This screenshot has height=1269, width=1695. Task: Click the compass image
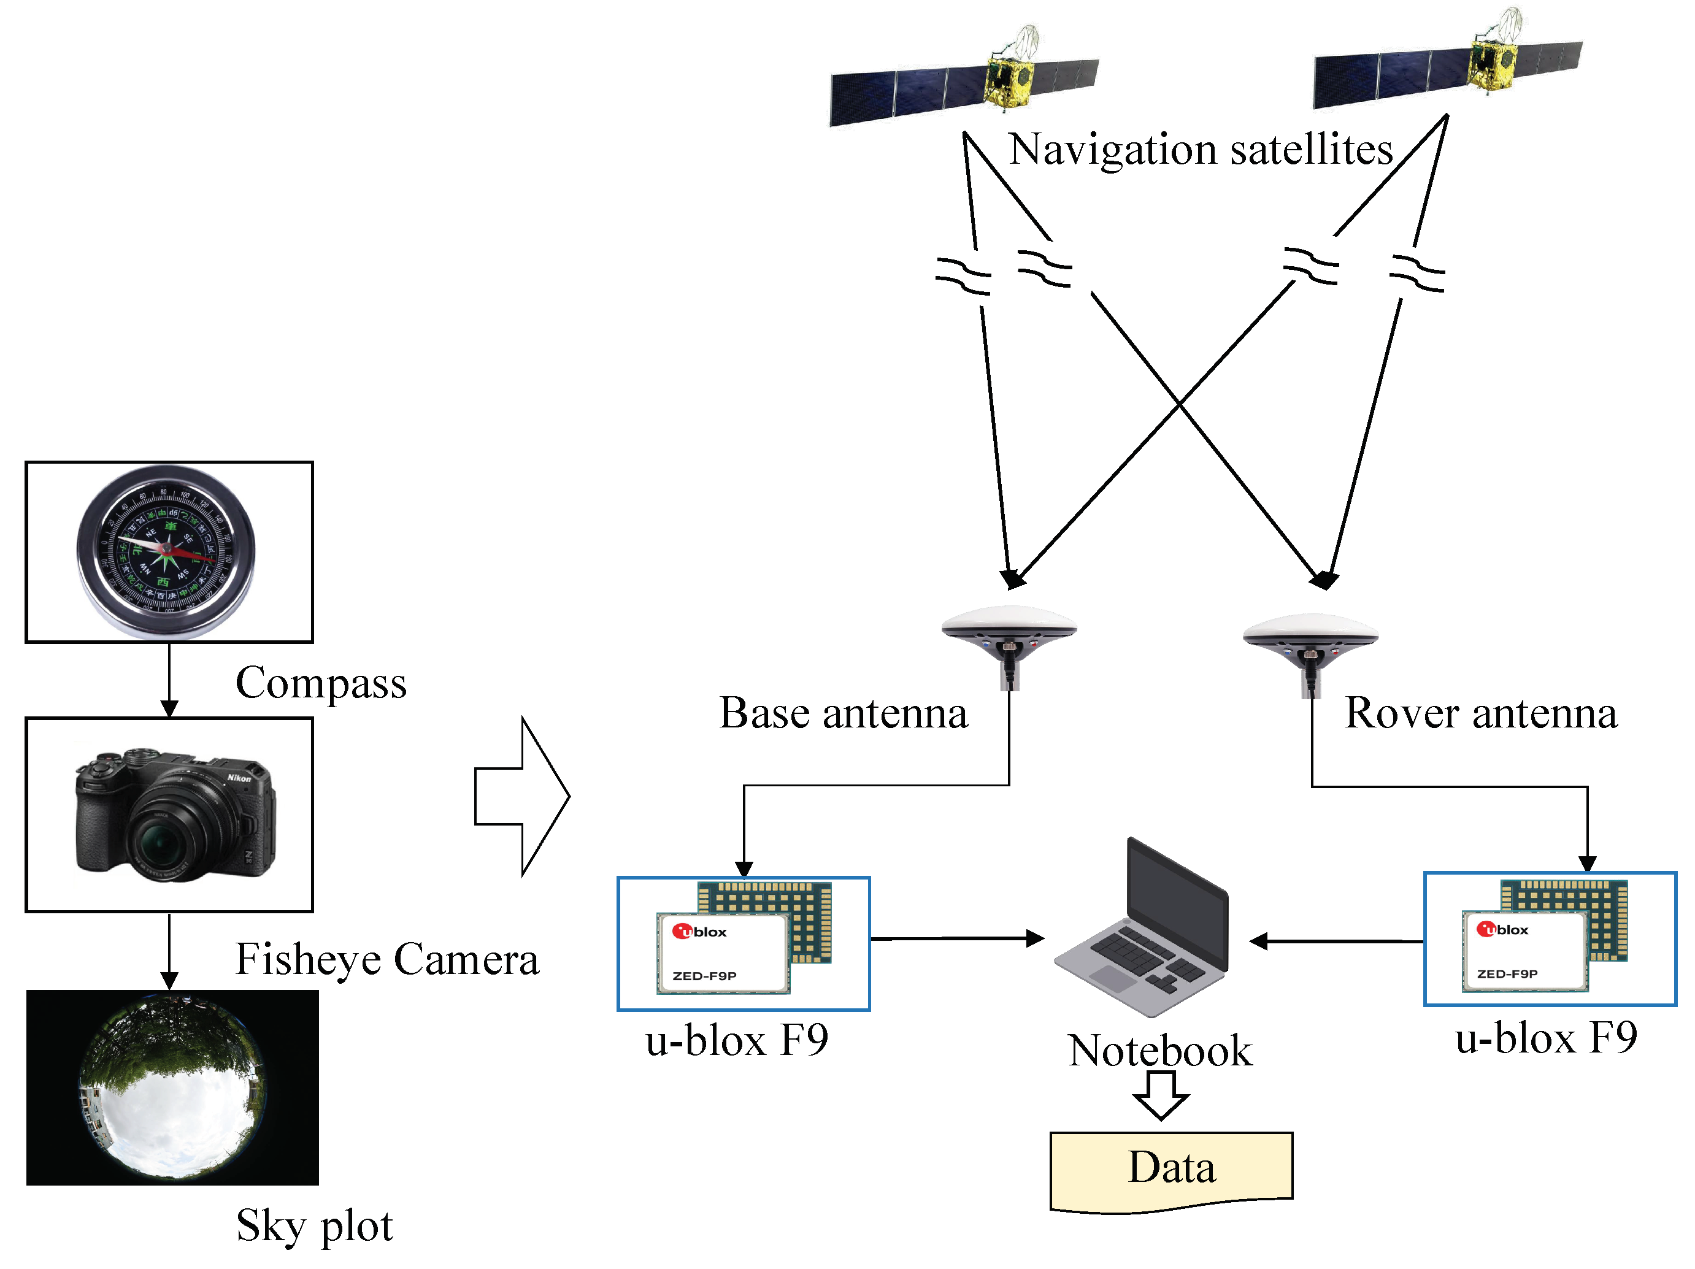point(166,550)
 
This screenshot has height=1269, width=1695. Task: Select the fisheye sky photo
point(172,1087)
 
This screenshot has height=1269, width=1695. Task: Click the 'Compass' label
point(320,683)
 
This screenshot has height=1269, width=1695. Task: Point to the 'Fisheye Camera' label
point(387,959)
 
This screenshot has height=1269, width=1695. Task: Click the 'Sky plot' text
point(314,1225)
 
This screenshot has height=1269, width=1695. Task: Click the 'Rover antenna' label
point(1480,713)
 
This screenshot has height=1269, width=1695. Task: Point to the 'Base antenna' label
point(843,713)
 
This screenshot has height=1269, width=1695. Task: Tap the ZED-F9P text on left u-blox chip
point(704,975)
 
